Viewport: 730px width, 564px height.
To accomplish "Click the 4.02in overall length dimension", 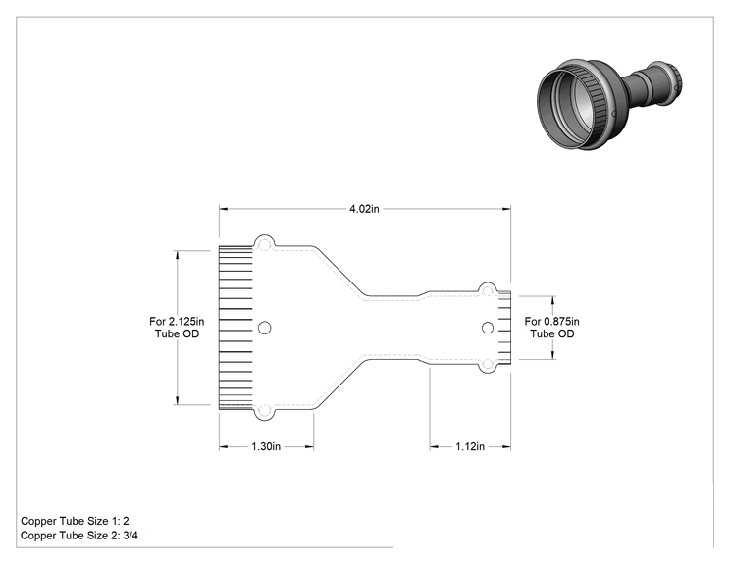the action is [x=364, y=209].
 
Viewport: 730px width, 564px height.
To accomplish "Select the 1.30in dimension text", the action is [x=266, y=446].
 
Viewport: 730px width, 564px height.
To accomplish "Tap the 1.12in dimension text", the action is [x=470, y=446].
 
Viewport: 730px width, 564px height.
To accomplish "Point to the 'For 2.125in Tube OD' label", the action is [x=177, y=328].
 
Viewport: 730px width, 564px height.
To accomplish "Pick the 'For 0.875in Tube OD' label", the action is [x=552, y=328].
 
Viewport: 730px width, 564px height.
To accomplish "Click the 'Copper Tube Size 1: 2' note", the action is [x=75, y=521].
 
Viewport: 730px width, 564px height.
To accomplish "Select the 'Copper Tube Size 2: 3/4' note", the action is [x=79, y=536].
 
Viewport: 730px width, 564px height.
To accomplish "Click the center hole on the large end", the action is [x=265, y=328].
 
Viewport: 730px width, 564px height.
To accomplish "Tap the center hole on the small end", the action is [x=488, y=328].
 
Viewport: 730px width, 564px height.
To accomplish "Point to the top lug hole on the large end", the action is [x=265, y=244].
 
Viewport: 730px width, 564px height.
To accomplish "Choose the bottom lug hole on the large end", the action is [x=265, y=411].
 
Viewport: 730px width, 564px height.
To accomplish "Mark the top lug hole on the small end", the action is [x=487, y=291].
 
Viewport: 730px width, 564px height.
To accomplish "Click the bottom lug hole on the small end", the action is [x=487, y=364].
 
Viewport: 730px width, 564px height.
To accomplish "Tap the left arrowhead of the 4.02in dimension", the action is [x=224, y=209].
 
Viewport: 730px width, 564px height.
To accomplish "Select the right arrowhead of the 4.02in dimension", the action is [x=506, y=209].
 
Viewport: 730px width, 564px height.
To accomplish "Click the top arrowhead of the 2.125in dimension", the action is [x=178, y=255].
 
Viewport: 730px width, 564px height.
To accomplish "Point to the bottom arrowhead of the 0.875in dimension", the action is [x=552, y=355].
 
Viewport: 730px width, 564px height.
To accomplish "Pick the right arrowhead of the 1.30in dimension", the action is [x=309, y=446].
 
